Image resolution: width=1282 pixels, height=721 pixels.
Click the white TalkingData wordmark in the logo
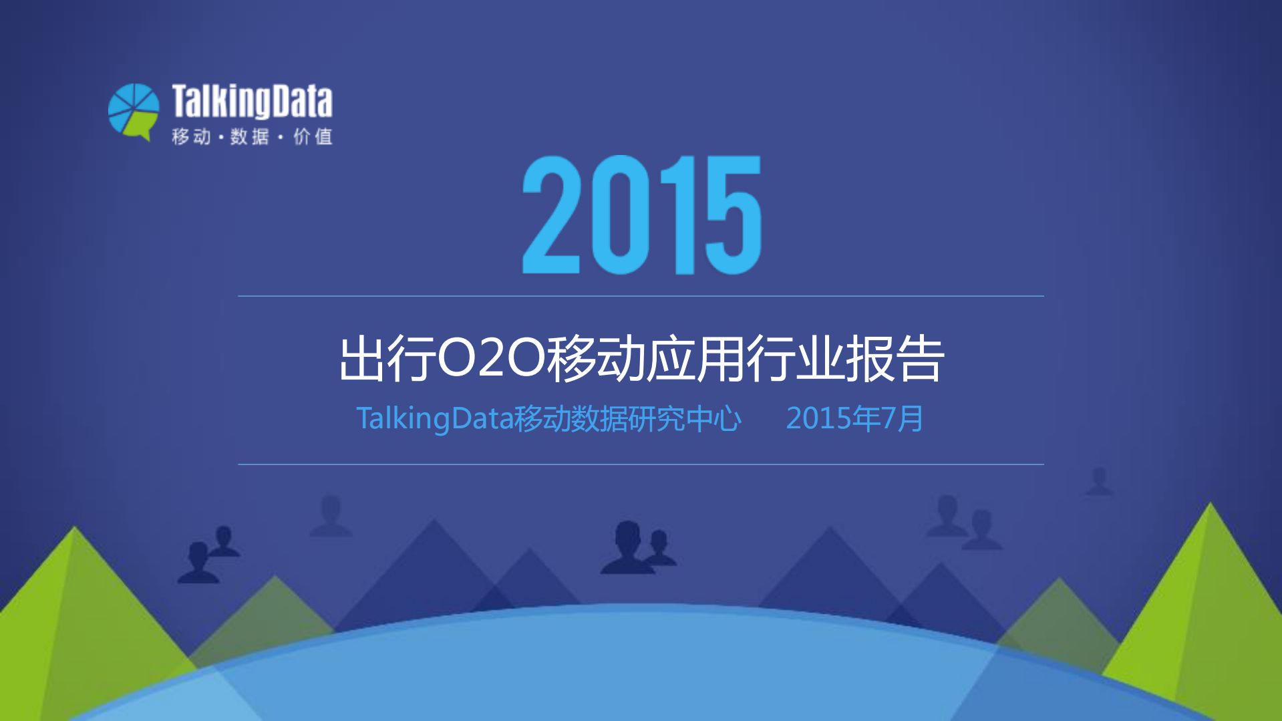click(252, 102)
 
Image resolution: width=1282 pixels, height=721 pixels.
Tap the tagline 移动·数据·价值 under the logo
click(252, 137)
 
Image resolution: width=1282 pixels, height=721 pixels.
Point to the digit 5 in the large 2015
click(733, 215)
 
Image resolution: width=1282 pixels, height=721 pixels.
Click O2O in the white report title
click(490, 359)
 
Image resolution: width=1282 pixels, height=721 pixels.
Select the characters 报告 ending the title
click(895, 359)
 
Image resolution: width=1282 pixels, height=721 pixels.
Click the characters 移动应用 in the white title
click(645, 359)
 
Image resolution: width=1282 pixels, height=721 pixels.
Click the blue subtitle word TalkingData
click(434, 419)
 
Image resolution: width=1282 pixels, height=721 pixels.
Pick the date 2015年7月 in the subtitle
click(854, 419)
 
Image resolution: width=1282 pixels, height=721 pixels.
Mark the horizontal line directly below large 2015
click(641, 296)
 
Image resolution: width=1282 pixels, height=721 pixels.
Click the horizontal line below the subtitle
click(641, 464)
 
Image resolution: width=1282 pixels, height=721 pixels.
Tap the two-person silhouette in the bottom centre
click(637, 549)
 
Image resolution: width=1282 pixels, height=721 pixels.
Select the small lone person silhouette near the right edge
click(1099, 481)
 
